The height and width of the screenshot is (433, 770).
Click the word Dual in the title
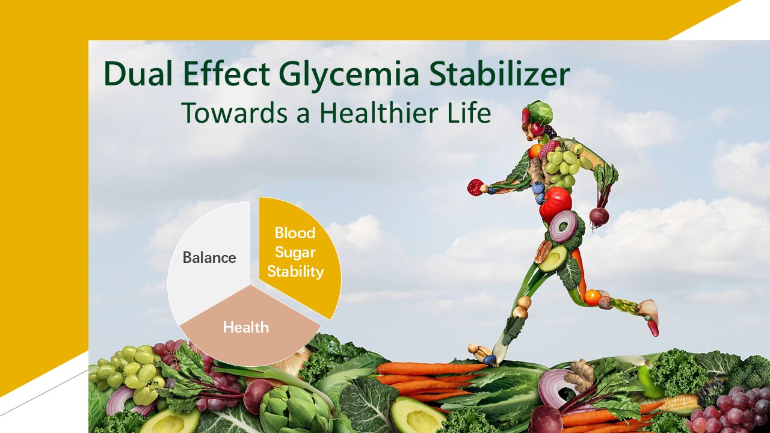click(x=138, y=74)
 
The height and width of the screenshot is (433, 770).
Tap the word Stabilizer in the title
click(x=499, y=74)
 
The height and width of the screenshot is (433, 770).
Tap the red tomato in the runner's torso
click(x=555, y=204)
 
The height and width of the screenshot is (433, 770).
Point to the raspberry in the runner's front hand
click(x=475, y=188)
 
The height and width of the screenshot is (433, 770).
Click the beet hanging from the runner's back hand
click(x=599, y=216)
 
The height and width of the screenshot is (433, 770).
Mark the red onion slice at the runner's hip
click(x=564, y=226)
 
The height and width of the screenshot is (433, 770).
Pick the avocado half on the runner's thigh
click(x=553, y=259)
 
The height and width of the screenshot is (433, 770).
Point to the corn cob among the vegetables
click(x=676, y=403)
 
